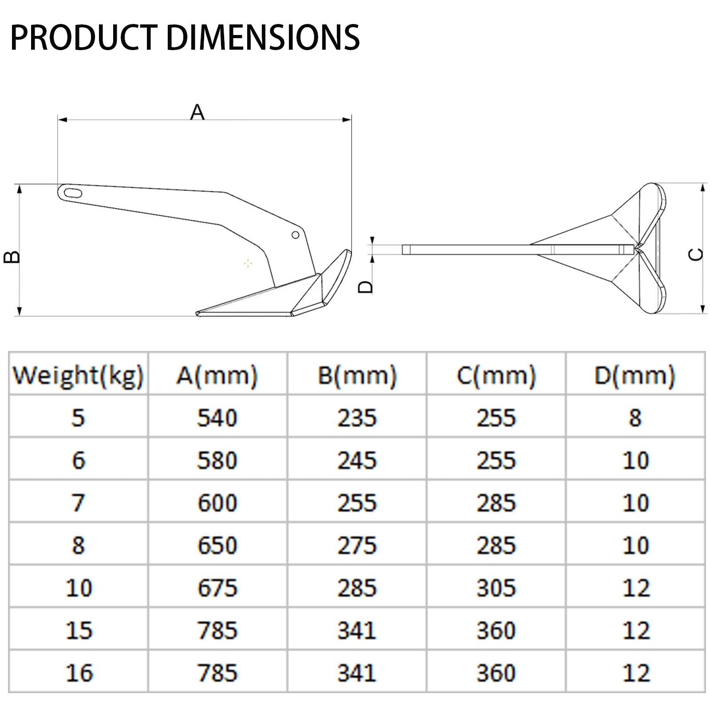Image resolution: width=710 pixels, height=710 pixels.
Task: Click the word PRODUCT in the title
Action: point(83,37)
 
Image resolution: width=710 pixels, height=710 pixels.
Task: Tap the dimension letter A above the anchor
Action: point(197,112)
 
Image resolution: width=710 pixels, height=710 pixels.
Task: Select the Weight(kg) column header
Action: point(78,375)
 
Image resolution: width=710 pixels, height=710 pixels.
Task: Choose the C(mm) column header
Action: point(496,375)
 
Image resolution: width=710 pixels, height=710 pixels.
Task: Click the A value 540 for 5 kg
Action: point(217,418)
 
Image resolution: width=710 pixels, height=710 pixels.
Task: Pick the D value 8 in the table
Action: point(635,418)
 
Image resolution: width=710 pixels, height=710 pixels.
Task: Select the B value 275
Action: point(357,545)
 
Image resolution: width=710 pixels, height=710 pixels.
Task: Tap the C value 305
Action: point(496,588)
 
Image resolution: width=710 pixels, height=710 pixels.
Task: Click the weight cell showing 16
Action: point(79,673)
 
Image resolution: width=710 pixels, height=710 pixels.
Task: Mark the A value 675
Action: point(217,588)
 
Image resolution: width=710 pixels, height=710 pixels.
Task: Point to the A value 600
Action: point(217,503)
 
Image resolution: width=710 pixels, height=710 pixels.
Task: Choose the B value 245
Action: point(357,460)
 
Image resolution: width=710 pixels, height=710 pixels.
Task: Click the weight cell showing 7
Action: point(78,503)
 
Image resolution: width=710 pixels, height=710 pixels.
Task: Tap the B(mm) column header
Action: point(357,375)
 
